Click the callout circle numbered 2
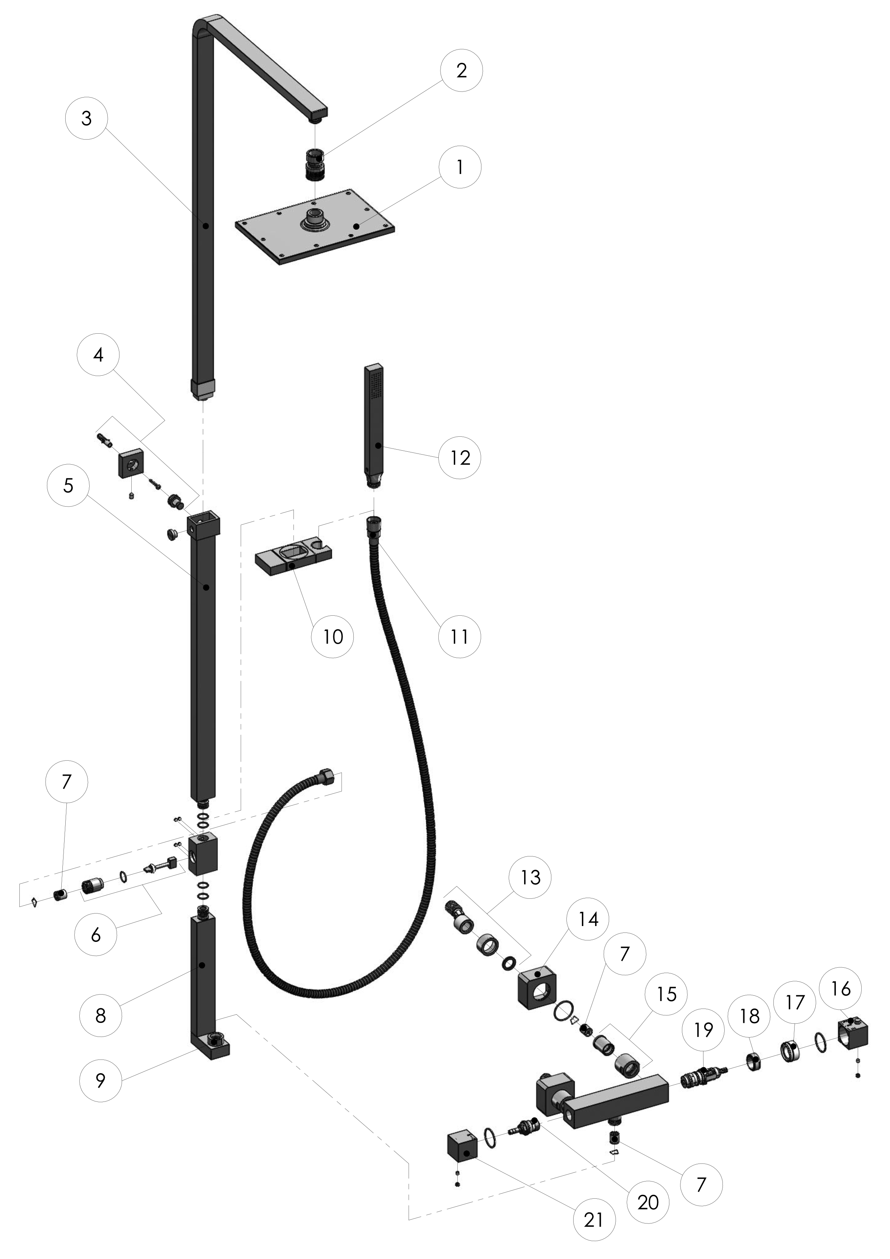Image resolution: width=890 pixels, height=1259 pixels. tap(461, 70)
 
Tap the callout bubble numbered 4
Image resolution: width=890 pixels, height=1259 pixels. tap(98, 355)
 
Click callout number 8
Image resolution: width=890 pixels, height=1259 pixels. tap(100, 1015)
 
